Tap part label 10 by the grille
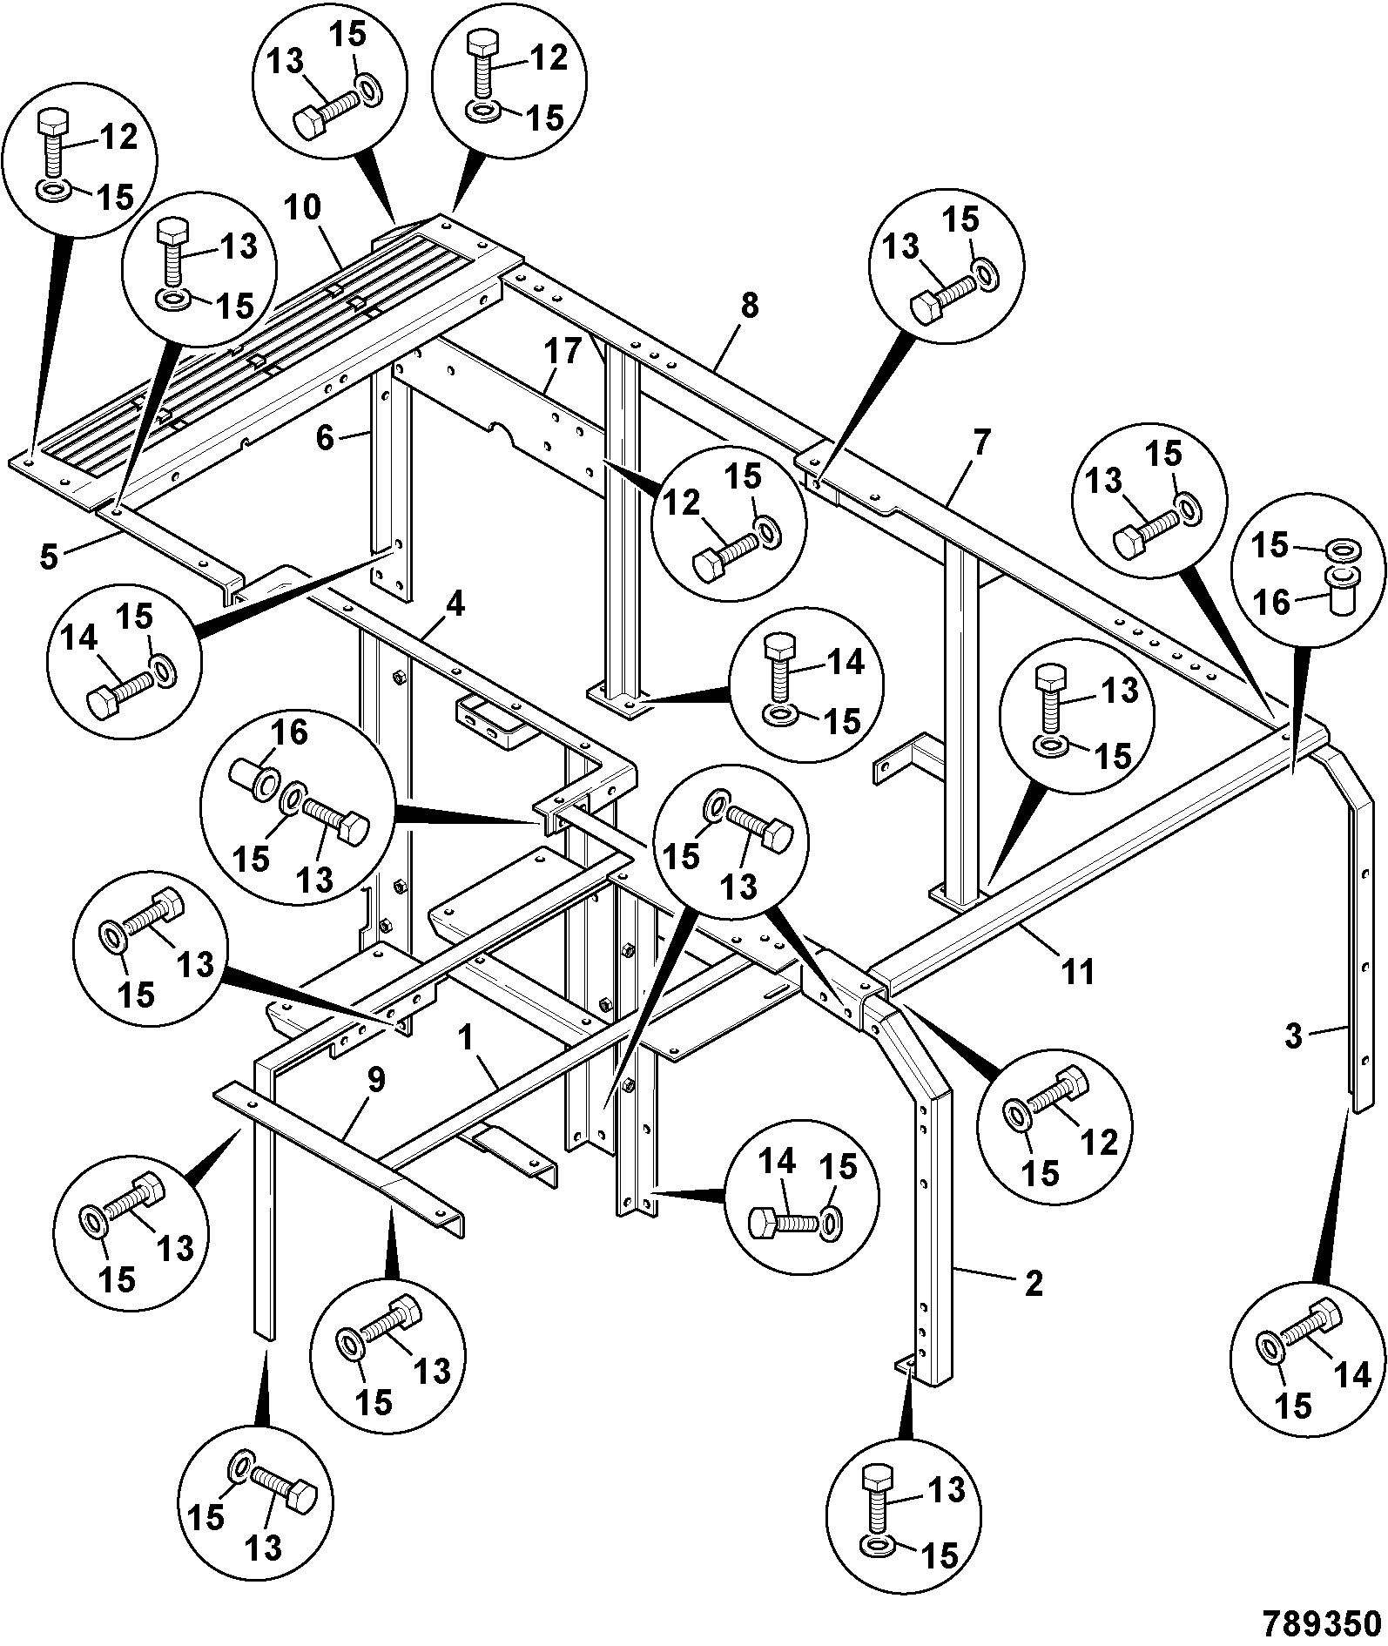[x=301, y=208]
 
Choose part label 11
[x=1079, y=970]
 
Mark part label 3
[x=1294, y=1036]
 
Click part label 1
[x=467, y=1038]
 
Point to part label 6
[x=325, y=438]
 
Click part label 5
[x=49, y=556]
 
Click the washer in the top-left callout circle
[x=56, y=190]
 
